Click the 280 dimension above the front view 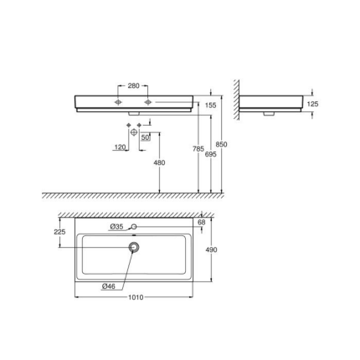click(133, 85)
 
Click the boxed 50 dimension click(145, 136)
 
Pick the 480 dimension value click(159, 164)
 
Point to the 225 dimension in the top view click(59, 232)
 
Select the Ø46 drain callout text click(108, 286)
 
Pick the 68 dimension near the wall click(201, 223)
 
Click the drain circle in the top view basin click(133, 247)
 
